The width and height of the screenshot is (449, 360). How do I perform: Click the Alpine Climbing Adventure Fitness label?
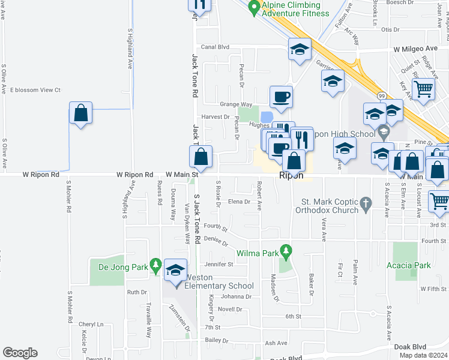[x=296, y=9]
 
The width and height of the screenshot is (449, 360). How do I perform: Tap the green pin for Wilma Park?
[x=286, y=250]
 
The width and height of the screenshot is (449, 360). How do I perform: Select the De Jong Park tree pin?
[x=156, y=264]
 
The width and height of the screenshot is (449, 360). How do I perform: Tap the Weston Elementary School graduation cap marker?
[x=175, y=271]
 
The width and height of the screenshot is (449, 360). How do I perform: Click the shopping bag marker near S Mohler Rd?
[x=80, y=113]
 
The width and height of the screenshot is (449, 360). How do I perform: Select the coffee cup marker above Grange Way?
[x=281, y=96]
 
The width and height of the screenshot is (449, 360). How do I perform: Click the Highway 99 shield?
[x=382, y=96]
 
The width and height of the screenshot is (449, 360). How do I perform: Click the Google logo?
[x=20, y=353]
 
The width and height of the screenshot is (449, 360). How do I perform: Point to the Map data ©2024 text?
[x=423, y=355]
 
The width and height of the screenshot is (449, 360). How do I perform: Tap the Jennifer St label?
[x=218, y=264]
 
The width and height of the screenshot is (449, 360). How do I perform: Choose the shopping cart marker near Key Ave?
[x=424, y=89]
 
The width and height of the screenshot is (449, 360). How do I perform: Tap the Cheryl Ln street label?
[x=91, y=325]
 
